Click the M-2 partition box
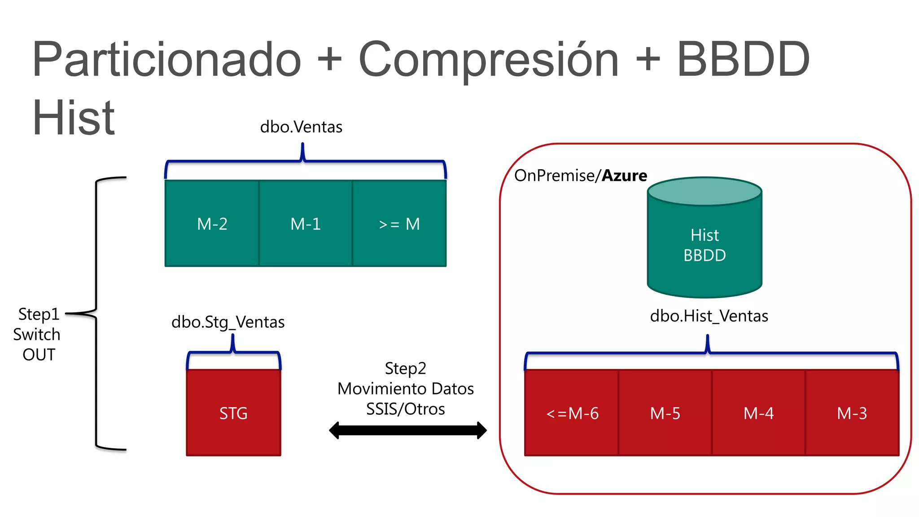[x=212, y=223]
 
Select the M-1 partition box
[x=306, y=223]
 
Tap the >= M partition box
[x=399, y=223]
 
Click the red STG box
[x=233, y=413]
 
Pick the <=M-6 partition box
[x=572, y=413]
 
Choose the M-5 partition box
[x=665, y=413]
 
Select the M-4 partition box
[x=758, y=413]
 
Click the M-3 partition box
[x=852, y=413]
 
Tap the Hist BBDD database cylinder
[x=705, y=245]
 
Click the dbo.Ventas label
[x=301, y=127]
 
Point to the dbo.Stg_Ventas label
[x=228, y=322]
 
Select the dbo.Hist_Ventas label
[x=709, y=316]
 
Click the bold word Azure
[x=624, y=175]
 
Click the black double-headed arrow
[x=407, y=430]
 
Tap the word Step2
[x=405, y=368]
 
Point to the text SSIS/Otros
[x=405, y=409]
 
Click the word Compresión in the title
[x=488, y=61]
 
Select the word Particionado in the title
[x=167, y=61]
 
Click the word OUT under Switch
[x=39, y=355]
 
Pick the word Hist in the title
[x=74, y=118]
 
